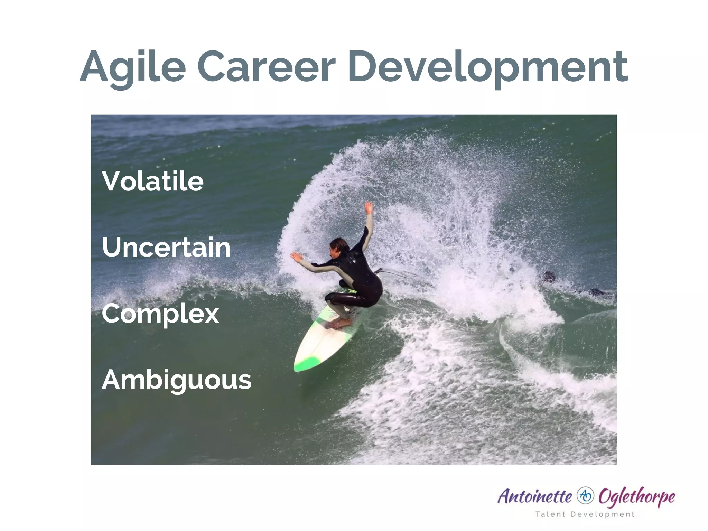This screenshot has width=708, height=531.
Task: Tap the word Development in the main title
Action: (x=487, y=67)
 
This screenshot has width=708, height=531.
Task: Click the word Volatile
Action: (x=152, y=181)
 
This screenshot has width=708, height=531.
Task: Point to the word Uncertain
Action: (x=166, y=248)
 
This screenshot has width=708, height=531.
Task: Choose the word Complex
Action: (x=160, y=314)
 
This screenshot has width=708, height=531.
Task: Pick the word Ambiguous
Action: (x=176, y=380)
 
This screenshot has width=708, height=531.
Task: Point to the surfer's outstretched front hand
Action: (x=296, y=257)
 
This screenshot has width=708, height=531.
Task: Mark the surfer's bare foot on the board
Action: (x=341, y=323)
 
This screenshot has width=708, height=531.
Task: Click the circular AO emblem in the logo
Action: (x=585, y=496)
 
